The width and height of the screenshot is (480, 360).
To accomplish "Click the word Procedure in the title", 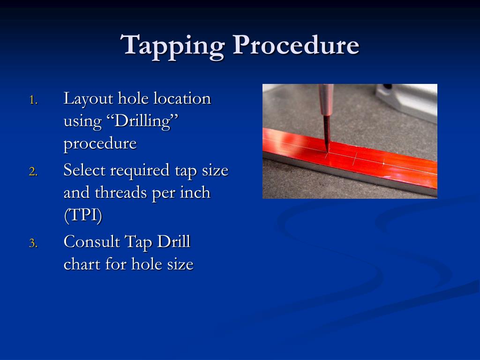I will (x=296, y=45).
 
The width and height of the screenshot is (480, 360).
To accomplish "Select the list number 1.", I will (x=33, y=100).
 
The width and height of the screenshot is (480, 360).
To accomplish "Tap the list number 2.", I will (x=33, y=172).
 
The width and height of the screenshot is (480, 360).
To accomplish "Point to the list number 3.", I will (x=33, y=243).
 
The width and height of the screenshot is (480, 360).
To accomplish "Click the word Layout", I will (x=88, y=99).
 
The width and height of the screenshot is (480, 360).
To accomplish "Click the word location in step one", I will (x=182, y=98).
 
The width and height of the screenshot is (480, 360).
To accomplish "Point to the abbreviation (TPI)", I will (x=82, y=215).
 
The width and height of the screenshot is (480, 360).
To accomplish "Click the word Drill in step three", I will (x=173, y=241).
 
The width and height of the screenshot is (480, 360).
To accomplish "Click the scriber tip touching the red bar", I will (x=327, y=151).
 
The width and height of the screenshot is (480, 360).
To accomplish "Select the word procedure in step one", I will (x=100, y=144).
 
